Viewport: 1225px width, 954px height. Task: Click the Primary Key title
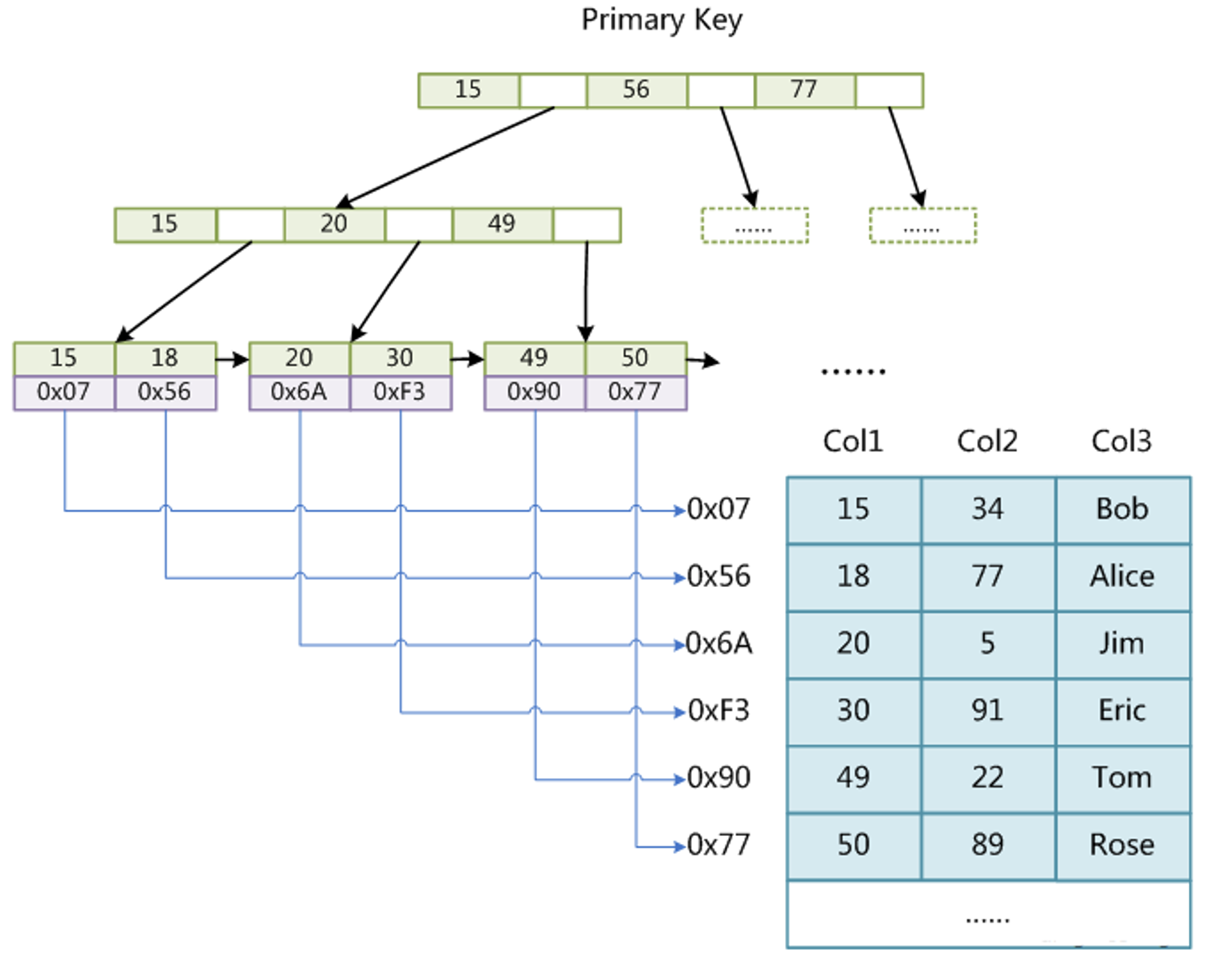point(661,19)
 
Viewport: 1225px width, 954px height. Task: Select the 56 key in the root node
point(637,90)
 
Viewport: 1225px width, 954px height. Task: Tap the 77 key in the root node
point(804,90)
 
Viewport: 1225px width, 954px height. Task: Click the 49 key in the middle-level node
point(503,224)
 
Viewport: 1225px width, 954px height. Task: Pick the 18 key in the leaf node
point(165,358)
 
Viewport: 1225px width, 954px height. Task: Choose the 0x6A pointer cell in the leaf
point(299,393)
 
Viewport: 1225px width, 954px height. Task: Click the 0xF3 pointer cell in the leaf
point(400,393)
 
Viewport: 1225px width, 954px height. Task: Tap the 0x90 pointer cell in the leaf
point(535,393)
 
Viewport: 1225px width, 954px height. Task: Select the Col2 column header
point(987,441)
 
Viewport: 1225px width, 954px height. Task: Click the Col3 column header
point(1121,441)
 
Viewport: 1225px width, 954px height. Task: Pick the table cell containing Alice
point(1122,577)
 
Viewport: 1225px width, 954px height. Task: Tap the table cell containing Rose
point(1122,846)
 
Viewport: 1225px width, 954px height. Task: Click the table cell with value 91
point(988,711)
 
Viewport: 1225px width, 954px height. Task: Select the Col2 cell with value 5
point(988,644)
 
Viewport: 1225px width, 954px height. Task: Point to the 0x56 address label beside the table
point(718,577)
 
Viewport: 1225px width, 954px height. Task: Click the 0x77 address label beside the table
point(718,846)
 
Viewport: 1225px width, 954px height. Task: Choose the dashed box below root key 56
point(755,226)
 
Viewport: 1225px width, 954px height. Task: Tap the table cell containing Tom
point(1122,778)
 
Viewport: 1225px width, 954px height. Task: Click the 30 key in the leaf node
point(400,358)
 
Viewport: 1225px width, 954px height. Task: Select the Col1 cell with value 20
point(853,644)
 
